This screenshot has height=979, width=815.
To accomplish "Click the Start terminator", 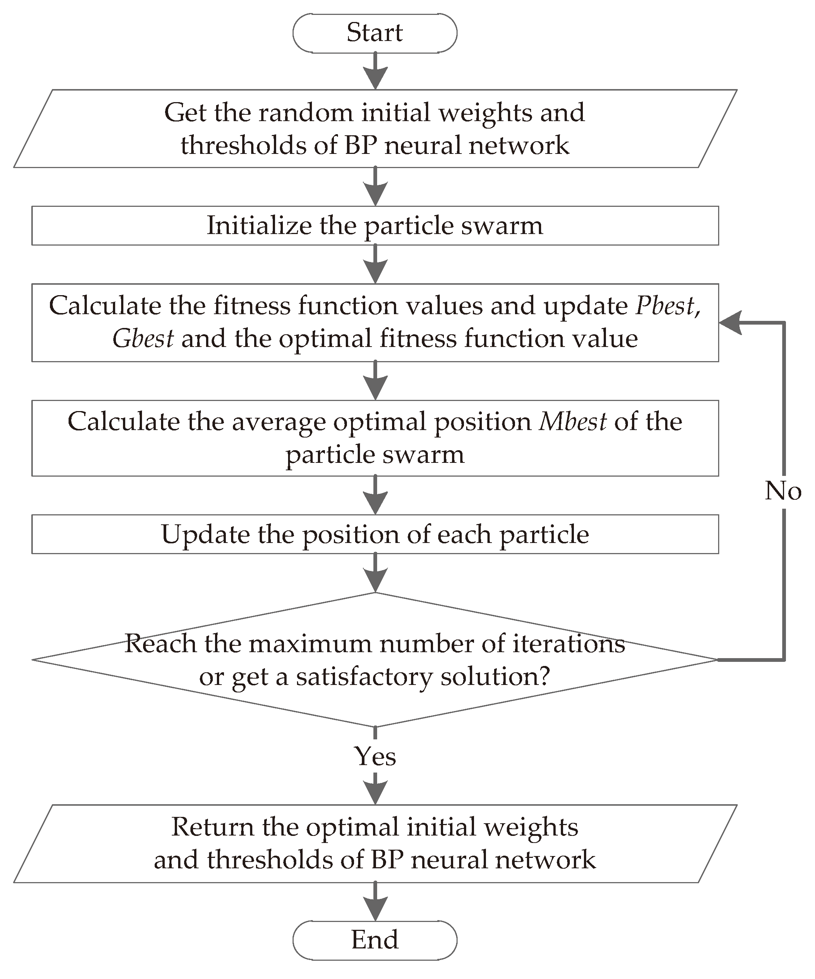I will (x=375, y=33).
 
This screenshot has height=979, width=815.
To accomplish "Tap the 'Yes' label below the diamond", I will (x=375, y=756).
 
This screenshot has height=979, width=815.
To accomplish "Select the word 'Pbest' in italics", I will (x=665, y=306).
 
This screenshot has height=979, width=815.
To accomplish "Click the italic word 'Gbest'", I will (x=143, y=339).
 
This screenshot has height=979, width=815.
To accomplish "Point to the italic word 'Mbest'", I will (x=572, y=422).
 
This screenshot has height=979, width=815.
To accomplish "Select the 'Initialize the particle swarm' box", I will (x=375, y=225).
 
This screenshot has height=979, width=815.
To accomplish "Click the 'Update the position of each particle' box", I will (x=375, y=534).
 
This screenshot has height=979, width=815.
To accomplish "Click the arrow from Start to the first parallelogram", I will (x=375, y=71).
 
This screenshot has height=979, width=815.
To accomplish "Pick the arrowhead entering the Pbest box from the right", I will (x=730, y=323).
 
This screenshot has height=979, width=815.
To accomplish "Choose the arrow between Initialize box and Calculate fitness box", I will (x=375, y=264).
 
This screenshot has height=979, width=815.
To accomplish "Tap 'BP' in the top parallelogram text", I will (x=360, y=145).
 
